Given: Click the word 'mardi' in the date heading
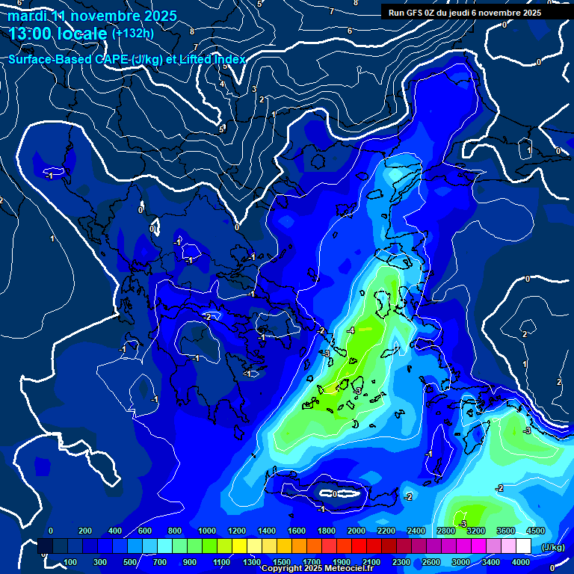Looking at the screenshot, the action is pos(28,16).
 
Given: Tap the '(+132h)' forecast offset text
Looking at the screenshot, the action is pos(132,33).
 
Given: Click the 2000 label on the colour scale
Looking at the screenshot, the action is pos(356,531).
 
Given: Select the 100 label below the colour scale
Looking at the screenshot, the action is pos(70,562).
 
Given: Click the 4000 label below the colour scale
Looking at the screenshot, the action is pos(521,562).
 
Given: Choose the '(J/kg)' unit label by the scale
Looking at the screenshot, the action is pos(552,548).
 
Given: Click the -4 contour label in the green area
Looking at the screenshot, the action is pos(351,330).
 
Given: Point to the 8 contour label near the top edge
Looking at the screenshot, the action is pos(355,3).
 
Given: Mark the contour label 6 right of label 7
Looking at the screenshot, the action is pos(349,31).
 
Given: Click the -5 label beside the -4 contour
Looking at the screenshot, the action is pos(326,353).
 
